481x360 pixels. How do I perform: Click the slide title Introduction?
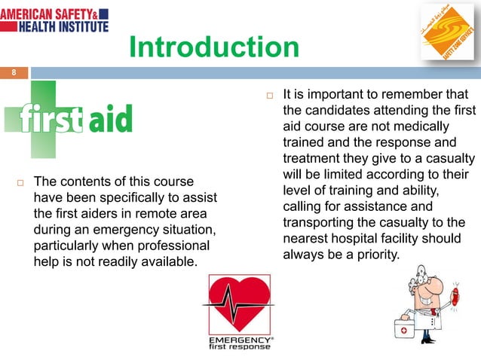point(213,47)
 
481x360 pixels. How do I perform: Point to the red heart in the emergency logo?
point(240,304)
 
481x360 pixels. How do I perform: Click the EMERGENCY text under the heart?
point(236,340)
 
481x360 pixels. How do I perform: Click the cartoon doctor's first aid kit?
point(406,329)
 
